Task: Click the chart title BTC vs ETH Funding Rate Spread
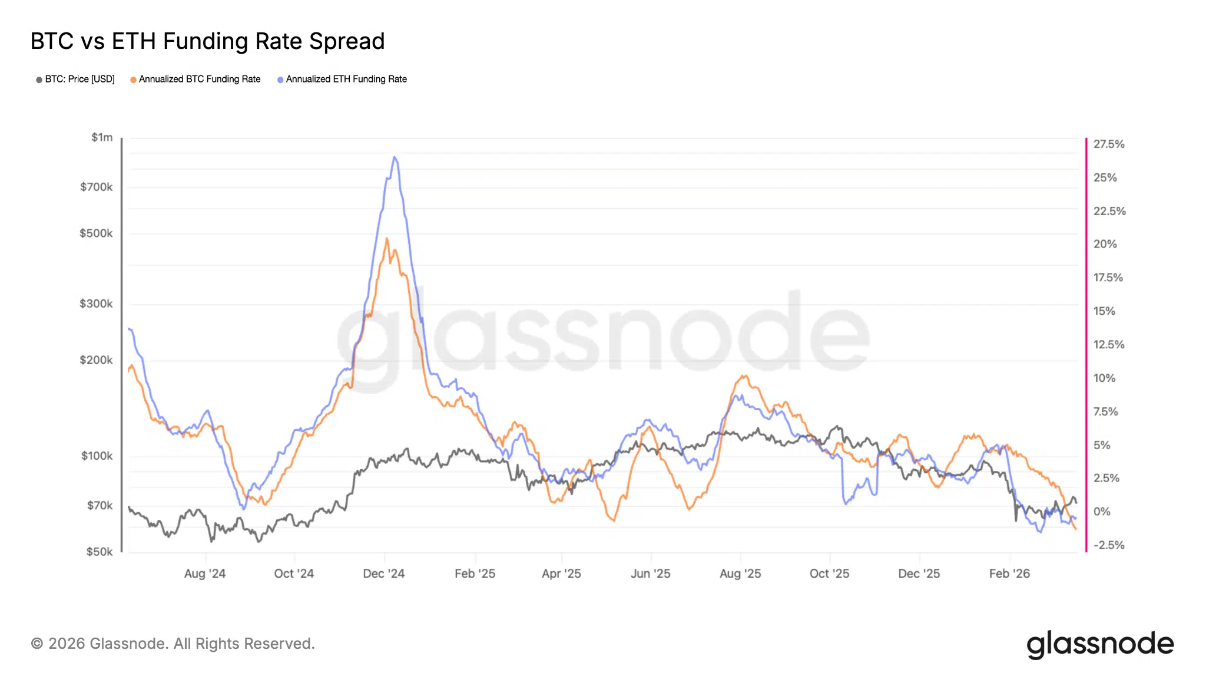(207, 41)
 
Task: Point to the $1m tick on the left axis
(102, 137)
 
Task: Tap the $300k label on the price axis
(96, 304)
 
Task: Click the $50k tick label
(99, 552)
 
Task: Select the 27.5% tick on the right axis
(1109, 144)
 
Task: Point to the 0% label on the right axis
(1102, 512)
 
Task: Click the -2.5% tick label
(1108, 545)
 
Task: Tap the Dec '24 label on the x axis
(384, 573)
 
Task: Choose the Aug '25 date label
(740, 573)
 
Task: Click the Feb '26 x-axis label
(1009, 573)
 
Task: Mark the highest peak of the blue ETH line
(395, 157)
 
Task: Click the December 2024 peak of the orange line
(386, 239)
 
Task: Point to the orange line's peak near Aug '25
(745, 375)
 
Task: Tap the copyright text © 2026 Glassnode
(173, 644)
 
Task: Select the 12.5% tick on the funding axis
(1109, 345)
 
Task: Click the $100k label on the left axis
(97, 456)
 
